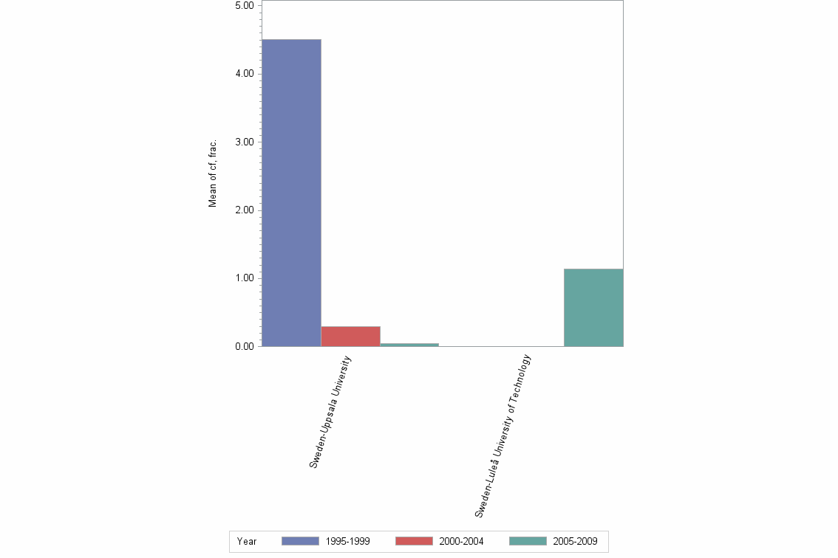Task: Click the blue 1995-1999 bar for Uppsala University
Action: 291,193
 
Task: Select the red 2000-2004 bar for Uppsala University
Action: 350,337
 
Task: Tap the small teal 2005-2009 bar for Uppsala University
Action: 409,345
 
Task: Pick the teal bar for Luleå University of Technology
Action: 593,308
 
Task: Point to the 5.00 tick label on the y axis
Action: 244,6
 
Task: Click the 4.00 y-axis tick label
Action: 244,74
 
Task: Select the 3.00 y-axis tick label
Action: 244,142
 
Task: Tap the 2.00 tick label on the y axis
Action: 244,210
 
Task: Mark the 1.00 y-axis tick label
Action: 244,278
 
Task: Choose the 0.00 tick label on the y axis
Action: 244,346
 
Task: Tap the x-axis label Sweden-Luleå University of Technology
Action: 503,435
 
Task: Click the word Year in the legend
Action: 247,542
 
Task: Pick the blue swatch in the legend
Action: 300,541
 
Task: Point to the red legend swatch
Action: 414,541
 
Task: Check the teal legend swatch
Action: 528,541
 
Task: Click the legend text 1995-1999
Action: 347,542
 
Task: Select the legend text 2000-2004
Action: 461,542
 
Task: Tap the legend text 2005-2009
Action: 575,542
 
